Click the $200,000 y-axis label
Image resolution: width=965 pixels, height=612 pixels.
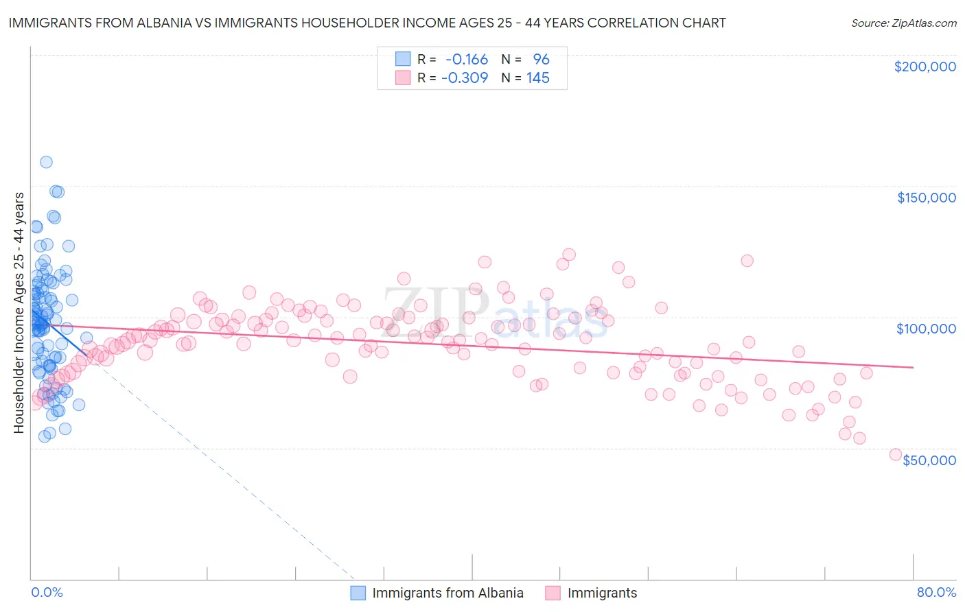[x=925, y=67]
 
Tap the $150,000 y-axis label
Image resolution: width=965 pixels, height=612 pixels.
[x=926, y=198]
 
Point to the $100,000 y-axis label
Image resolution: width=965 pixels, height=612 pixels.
[x=926, y=329]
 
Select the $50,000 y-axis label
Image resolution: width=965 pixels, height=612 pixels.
[x=929, y=460]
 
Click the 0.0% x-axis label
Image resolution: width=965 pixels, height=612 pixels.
[x=47, y=592]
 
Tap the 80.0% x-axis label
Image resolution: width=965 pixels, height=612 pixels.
[x=936, y=592]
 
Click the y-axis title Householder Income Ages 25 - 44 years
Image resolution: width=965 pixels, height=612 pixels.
[x=19, y=313]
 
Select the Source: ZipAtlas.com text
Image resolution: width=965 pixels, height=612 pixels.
[x=903, y=23]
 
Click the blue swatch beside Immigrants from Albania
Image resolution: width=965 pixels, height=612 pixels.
[x=358, y=593]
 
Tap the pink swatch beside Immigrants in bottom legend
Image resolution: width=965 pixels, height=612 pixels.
[x=553, y=593]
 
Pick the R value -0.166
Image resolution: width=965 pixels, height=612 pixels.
[x=467, y=60]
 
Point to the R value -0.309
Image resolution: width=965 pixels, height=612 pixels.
[x=465, y=78]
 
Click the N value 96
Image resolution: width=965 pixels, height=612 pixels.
[x=541, y=60]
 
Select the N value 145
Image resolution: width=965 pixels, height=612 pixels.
[x=537, y=78]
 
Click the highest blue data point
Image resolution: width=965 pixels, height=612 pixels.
[x=46, y=162]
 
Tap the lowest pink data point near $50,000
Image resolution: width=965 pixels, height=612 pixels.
[x=895, y=454]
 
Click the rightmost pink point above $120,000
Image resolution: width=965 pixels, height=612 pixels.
[x=747, y=261]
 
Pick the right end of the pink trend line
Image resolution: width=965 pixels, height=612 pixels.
[x=913, y=367]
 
